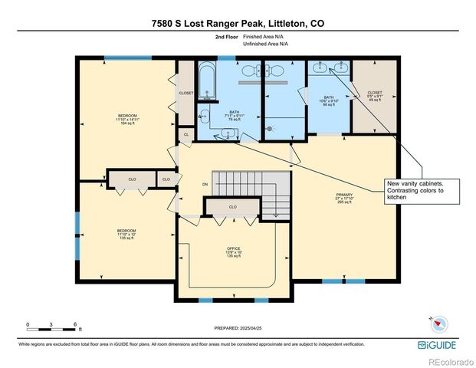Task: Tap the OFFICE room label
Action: click(233, 252)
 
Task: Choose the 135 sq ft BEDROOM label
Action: click(126, 235)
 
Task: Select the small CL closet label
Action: click(185, 135)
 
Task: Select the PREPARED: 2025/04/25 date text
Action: click(237, 328)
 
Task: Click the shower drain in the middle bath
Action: click(269, 130)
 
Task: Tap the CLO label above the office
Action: click(232, 207)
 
